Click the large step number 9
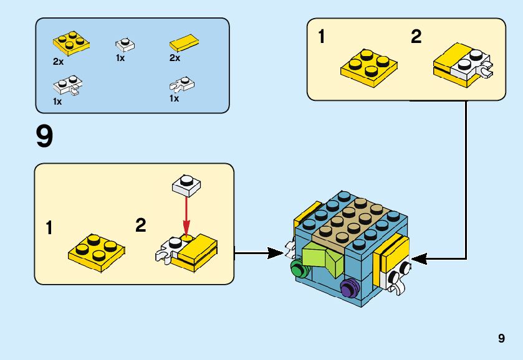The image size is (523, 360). (44, 137)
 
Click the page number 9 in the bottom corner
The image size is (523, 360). (501, 339)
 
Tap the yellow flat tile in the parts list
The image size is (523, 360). (185, 44)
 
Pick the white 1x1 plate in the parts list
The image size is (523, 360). (125, 45)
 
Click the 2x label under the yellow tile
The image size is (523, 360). (175, 58)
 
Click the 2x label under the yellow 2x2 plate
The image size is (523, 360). (58, 62)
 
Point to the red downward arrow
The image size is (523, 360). (185, 215)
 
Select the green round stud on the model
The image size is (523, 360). (299, 269)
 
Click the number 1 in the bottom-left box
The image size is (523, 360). (49, 228)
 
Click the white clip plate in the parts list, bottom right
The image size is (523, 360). (183, 83)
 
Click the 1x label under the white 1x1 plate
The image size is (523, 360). (120, 58)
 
